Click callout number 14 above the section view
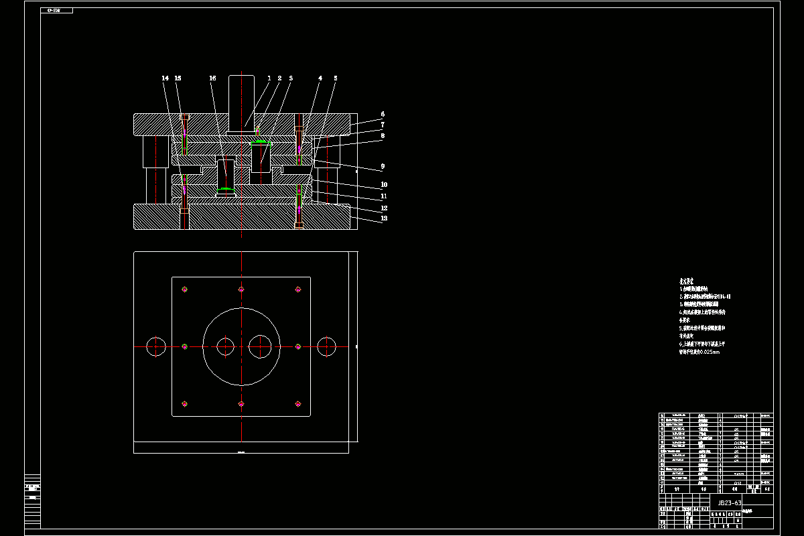pyautogui.click(x=165, y=78)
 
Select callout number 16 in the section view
pyautogui.click(x=212, y=78)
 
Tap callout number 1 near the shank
pyautogui.click(x=269, y=78)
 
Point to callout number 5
pyautogui.click(x=336, y=78)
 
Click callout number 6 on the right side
pyautogui.click(x=383, y=115)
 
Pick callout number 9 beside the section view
pyautogui.click(x=383, y=166)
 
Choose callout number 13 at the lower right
pyautogui.click(x=384, y=218)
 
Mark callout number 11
pyautogui.click(x=384, y=196)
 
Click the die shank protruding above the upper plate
pyautogui.click(x=241, y=100)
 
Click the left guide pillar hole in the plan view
pyautogui.click(x=155, y=346)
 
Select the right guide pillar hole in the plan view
pyautogui.click(x=327, y=346)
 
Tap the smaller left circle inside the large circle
pyautogui.click(x=225, y=346)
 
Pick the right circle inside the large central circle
pyautogui.click(x=259, y=346)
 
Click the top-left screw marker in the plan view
pyautogui.click(x=184, y=289)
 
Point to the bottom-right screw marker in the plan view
pyautogui.click(x=298, y=403)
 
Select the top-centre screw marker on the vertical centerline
pyautogui.click(x=241, y=289)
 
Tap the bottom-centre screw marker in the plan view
pyautogui.click(x=241, y=403)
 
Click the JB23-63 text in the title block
pyautogui.click(x=730, y=503)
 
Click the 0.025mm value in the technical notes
pyautogui.click(x=710, y=352)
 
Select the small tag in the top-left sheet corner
pyautogui.click(x=56, y=11)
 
